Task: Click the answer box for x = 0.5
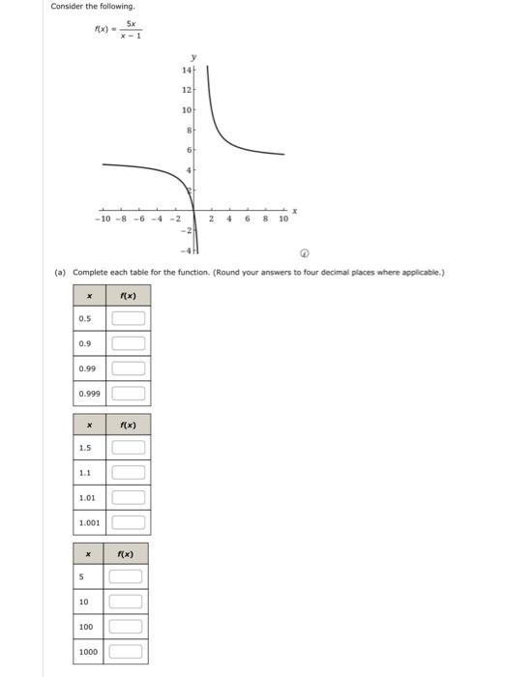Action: (129, 317)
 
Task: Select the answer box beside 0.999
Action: (129, 394)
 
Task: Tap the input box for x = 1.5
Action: (129, 448)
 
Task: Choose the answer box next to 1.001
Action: (129, 523)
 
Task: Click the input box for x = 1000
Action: (126, 651)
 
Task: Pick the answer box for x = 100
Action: (126, 626)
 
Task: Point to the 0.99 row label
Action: (88, 368)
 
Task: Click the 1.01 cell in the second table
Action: (88, 498)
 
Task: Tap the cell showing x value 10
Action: (85, 601)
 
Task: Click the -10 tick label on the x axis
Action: (104, 220)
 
